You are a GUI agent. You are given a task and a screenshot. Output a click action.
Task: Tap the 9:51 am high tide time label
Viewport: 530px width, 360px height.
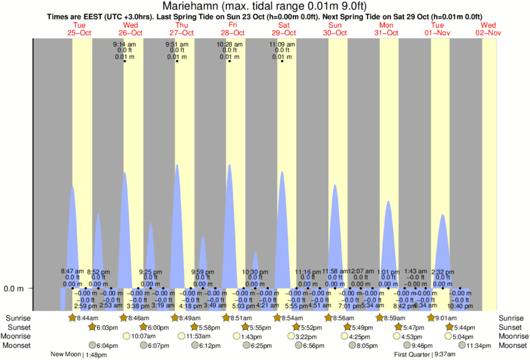point(177,44)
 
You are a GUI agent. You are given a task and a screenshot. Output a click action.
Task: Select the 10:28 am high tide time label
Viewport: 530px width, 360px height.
point(229,44)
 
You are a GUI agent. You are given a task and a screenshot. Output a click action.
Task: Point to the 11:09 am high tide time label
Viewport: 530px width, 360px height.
point(281,44)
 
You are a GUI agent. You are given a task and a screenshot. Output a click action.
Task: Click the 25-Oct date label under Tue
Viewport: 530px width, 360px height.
point(79,33)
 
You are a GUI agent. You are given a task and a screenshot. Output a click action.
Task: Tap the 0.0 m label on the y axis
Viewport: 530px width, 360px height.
point(15,289)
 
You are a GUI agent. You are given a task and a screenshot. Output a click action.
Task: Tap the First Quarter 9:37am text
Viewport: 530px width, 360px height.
point(426,355)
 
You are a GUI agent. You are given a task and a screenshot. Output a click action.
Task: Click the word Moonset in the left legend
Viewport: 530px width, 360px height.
point(19,345)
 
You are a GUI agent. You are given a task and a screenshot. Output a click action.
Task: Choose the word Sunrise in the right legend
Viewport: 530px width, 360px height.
point(511,318)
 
